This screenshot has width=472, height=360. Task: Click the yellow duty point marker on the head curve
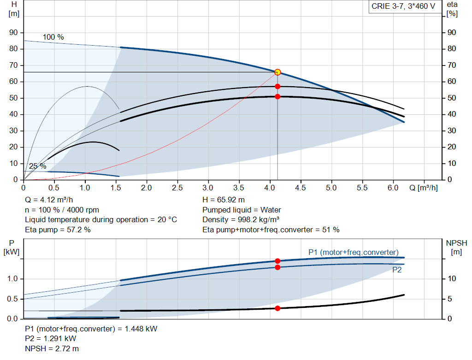click(277, 72)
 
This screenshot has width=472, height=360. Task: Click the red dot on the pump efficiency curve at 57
click(277, 86)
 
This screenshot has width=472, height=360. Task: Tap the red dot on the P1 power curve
click(277, 261)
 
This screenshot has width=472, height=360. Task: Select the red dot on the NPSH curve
click(277, 308)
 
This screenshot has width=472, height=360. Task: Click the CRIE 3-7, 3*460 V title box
click(403, 7)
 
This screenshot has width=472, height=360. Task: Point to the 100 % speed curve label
click(53, 37)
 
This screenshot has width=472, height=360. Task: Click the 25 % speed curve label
click(37, 166)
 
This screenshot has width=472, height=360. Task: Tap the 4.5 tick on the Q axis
click(301, 189)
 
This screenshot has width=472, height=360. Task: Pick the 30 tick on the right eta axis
click(451, 131)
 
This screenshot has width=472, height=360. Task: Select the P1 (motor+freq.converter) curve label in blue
click(353, 252)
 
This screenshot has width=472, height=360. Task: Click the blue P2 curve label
click(397, 270)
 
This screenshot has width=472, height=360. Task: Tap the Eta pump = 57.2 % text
click(58, 230)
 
